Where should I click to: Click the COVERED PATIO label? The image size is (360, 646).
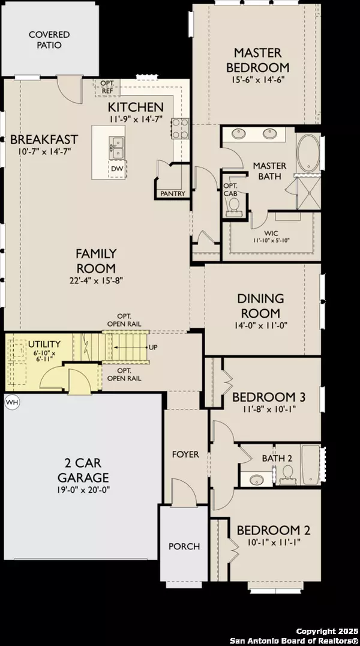point(49,40)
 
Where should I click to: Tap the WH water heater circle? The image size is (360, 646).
point(11,402)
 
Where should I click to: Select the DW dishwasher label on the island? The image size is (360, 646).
point(117,169)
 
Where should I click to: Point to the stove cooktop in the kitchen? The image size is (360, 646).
point(181,128)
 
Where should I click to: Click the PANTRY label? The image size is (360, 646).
point(173,193)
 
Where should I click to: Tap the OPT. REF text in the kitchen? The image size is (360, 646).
point(107,86)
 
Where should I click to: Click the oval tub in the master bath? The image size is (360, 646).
point(309,151)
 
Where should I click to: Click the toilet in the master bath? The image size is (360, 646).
point(233,206)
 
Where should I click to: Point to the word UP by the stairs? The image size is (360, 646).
point(153,348)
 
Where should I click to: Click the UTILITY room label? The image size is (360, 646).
point(44,344)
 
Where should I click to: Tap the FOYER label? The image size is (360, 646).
point(185,454)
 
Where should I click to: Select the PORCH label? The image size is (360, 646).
point(184,546)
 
